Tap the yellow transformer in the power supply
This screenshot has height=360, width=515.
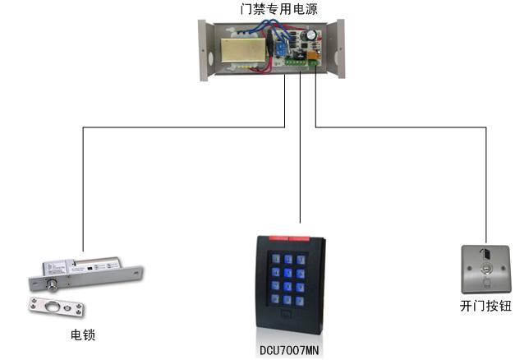[x=242, y=52]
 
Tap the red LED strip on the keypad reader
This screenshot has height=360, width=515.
[x=290, y=239]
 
